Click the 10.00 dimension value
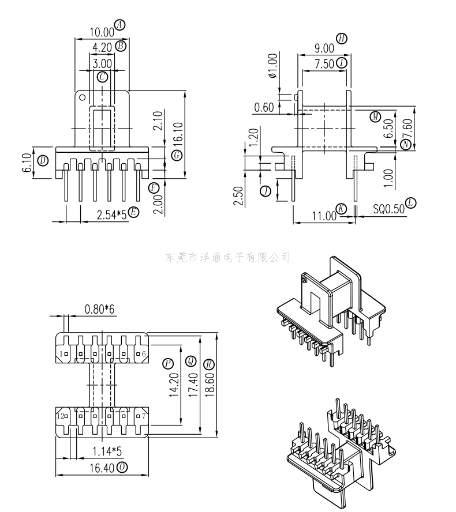102,32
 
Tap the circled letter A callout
120,24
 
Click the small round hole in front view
83,97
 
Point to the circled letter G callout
177,155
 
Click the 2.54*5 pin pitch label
111,215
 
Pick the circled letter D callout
43,160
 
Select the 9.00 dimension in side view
324,48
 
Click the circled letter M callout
375,116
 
